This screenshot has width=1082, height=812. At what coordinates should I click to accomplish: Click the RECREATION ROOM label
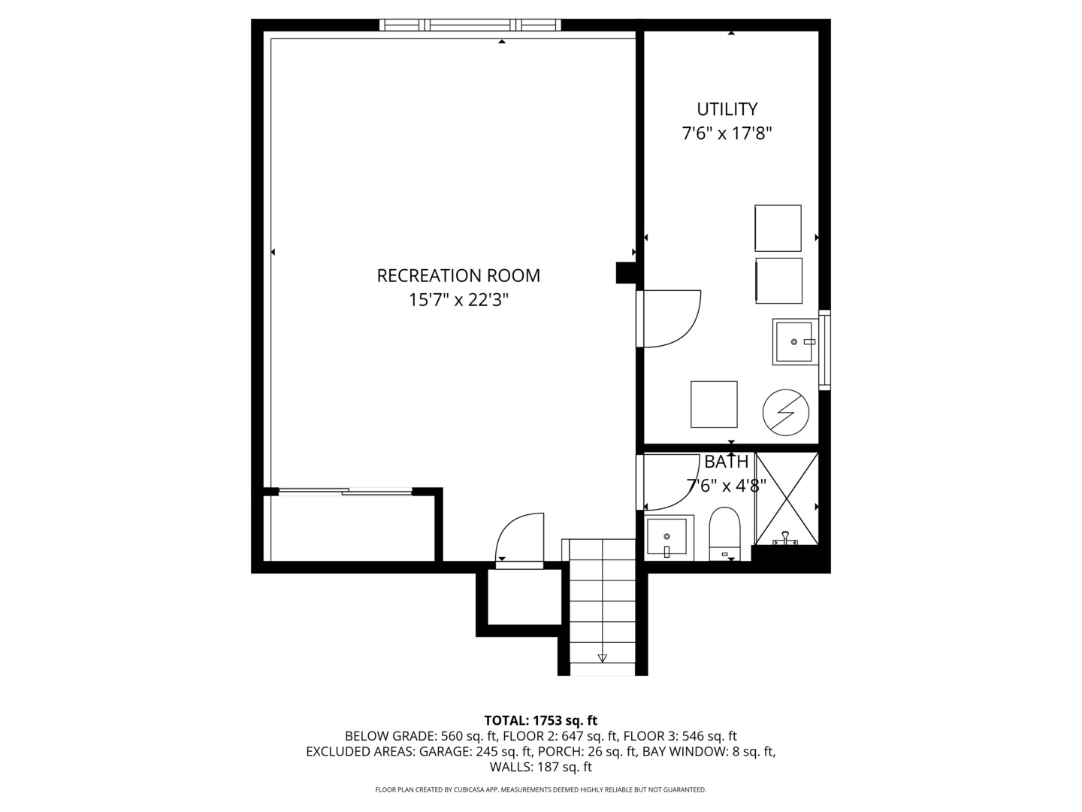(458, 276)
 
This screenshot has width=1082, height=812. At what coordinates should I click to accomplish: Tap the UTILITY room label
(727, 110)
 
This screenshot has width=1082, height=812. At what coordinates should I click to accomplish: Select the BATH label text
(726, 462)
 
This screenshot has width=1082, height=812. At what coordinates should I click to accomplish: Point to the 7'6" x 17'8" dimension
(727, 135)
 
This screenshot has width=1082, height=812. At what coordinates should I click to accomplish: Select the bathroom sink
(666, 538)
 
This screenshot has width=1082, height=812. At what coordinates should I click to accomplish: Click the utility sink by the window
(793, 341)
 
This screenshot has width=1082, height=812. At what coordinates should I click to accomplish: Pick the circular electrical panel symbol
(785, 413)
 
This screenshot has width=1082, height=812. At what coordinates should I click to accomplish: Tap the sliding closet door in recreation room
(346, 492)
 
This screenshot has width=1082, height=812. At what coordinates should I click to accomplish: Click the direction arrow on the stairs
(602, 659)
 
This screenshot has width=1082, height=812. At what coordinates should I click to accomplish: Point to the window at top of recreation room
(470, 25)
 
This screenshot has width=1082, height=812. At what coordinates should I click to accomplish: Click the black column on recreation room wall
(625, 273)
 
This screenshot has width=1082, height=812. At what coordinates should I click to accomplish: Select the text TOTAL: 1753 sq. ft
(540, 720)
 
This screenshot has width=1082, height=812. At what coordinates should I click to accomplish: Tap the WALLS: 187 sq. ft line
(540, 767)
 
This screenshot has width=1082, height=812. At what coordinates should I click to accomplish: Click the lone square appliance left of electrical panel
(714, 404)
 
